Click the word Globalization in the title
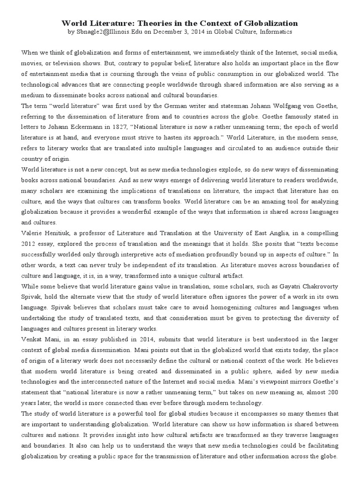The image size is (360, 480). (268, 22)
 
